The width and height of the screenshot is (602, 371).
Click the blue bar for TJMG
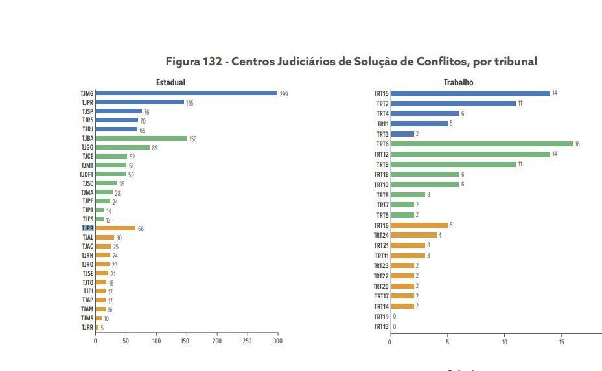[186, 93]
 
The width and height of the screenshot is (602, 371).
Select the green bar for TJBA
[141, 138]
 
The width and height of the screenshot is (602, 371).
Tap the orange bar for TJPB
[115, 228]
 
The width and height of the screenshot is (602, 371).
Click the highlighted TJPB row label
[87, 229]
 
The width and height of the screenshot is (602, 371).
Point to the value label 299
[284, 95]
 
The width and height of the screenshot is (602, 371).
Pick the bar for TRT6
[481, 144]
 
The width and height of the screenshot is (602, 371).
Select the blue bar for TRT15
[470, 93]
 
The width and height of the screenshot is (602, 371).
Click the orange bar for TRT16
[419, 225]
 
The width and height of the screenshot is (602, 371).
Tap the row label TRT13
[381, 327]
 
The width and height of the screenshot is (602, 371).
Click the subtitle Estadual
[170, 82]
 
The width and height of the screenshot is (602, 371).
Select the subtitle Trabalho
[458, 82]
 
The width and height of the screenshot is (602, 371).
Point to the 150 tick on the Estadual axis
[187, 341]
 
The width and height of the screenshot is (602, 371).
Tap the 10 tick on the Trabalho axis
[504, 341]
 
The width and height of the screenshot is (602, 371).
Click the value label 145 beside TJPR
[189, 104]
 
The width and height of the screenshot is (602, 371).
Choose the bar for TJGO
[122, 147]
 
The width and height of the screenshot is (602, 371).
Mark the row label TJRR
[87, 328]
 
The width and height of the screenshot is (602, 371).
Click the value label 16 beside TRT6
[577, 144]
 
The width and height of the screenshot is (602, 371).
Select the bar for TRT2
[453, 104]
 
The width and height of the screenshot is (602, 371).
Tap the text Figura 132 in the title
[192, 62]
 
